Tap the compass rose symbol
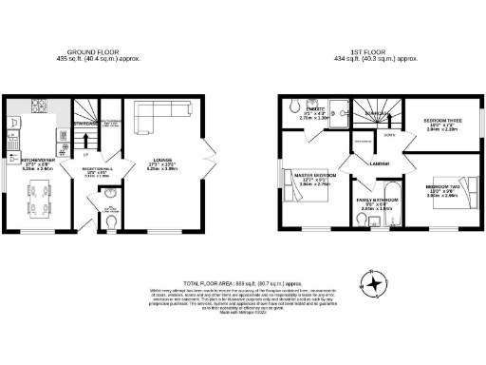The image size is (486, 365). click(x=377, y=282)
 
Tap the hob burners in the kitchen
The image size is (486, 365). click(x=41, y=106)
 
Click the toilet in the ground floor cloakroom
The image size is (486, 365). click(x=112, y=222)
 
